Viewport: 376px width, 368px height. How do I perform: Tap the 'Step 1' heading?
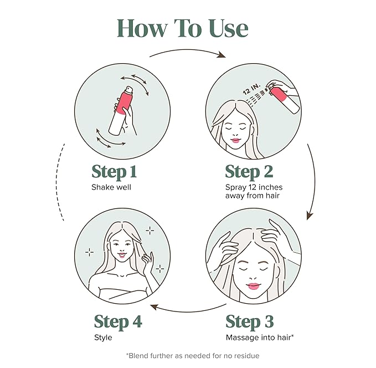tap(114, 171)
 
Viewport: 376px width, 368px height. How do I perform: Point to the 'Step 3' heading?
tap(249, 321)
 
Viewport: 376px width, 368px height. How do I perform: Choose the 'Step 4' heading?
tap(117, 321)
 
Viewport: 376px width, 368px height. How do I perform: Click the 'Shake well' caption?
tap(111, 187)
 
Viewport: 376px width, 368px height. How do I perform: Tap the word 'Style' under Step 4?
tap(103, 338)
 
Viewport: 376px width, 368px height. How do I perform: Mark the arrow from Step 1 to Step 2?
tap(188, 53)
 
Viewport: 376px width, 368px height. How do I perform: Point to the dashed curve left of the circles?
tap(60, 183)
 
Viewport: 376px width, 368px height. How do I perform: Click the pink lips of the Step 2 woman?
tap(235, 140)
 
